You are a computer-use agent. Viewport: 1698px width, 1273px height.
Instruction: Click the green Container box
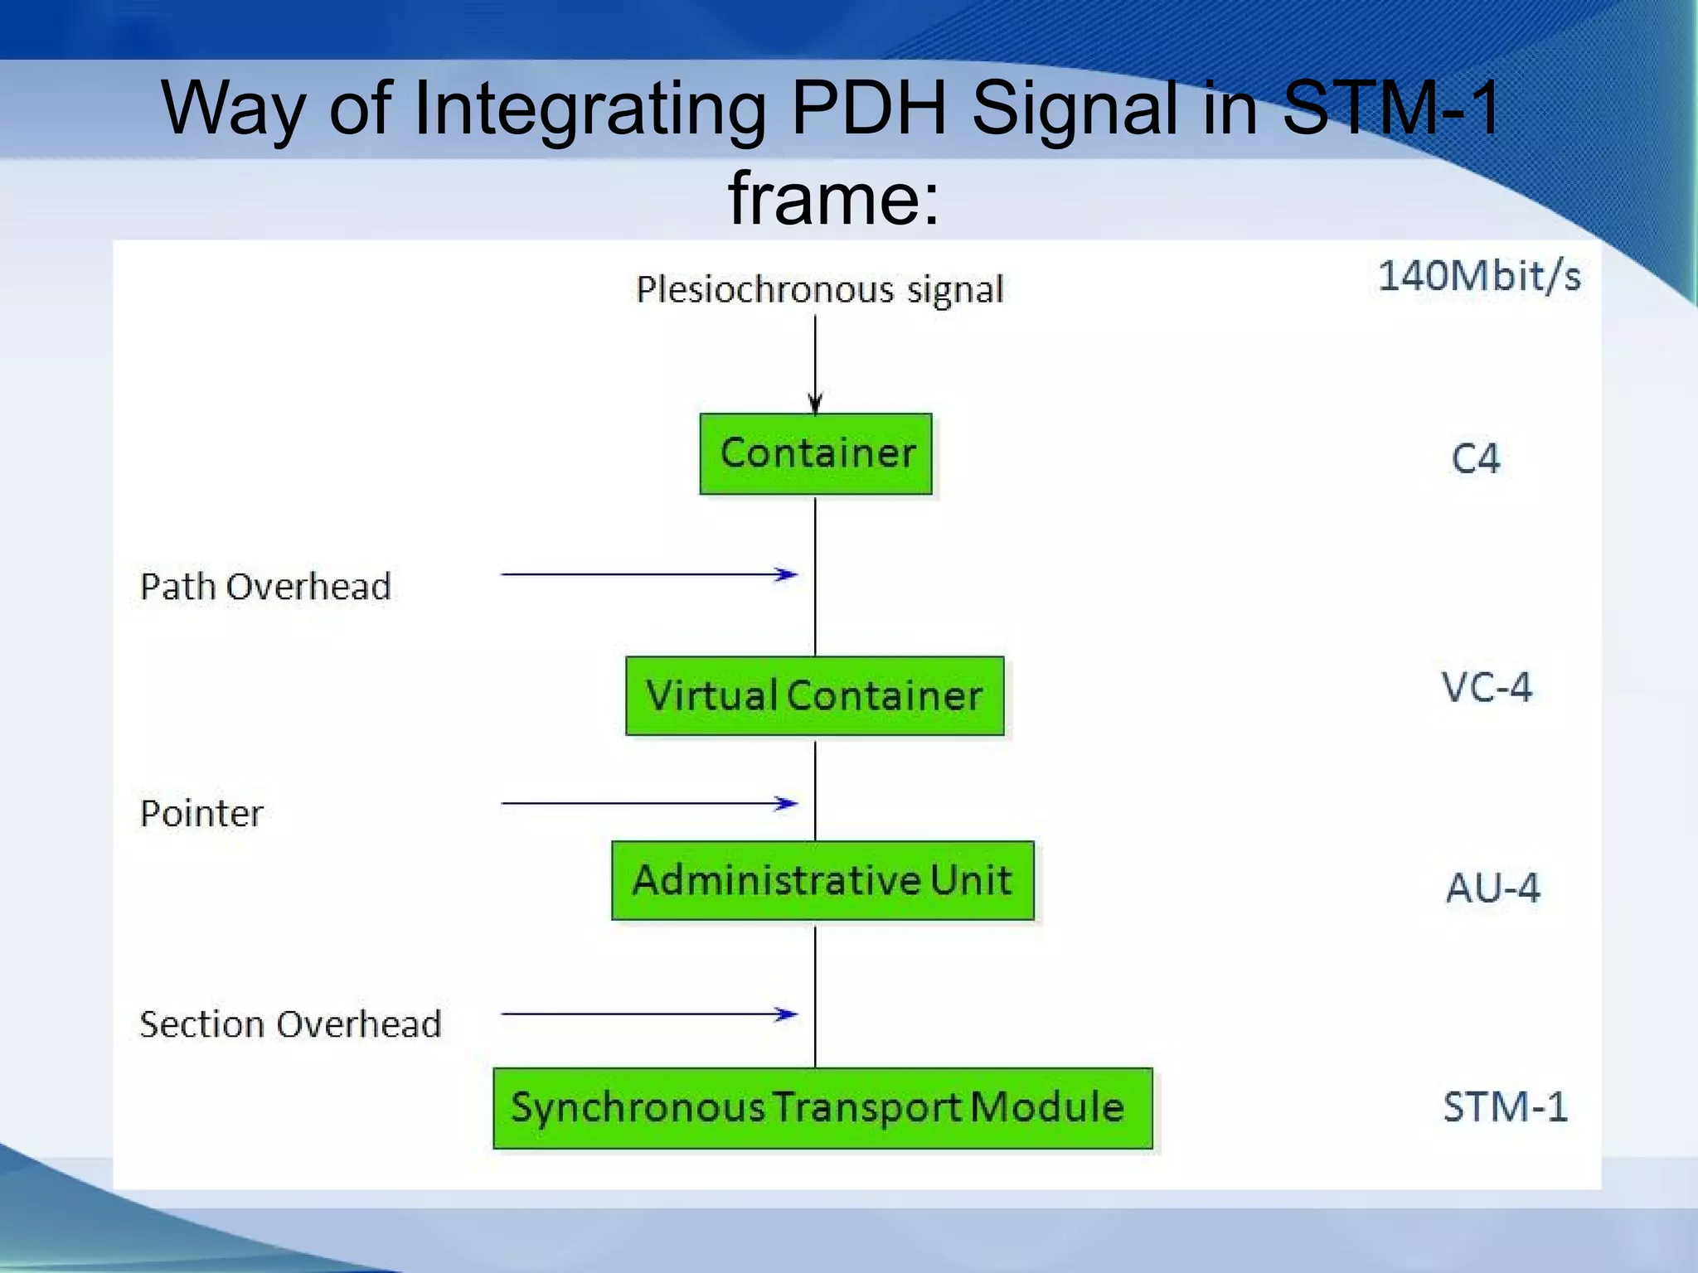816,454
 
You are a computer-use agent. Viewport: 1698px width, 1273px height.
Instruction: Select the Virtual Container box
814,696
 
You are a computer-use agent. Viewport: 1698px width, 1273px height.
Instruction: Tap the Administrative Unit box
822,880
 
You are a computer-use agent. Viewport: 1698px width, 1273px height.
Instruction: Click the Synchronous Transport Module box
822,1108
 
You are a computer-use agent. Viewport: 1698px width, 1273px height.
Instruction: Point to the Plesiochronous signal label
819,290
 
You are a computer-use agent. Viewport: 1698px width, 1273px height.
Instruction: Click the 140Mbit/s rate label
1479,276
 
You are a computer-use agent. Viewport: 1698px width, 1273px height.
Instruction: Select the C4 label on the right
1475,458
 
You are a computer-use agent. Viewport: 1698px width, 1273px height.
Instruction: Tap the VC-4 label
1487,687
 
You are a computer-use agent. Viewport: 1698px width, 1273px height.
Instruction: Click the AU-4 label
1492,888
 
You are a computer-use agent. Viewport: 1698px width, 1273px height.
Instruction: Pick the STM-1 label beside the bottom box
1505,1107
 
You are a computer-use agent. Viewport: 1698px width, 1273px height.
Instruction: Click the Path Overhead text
265,587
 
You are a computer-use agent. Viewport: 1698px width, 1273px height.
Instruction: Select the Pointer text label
201,813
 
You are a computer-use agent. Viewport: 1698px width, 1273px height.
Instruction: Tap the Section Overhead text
290,1024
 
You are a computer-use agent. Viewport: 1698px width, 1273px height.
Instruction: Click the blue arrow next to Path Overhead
648,574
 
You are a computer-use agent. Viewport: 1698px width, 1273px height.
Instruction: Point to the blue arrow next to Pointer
648,803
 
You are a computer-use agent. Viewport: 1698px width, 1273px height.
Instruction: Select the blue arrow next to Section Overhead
648,1014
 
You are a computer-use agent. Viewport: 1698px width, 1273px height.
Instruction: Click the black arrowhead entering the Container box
815,404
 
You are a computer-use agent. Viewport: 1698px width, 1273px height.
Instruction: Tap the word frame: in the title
834,199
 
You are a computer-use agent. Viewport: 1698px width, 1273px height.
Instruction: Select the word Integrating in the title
589,109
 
